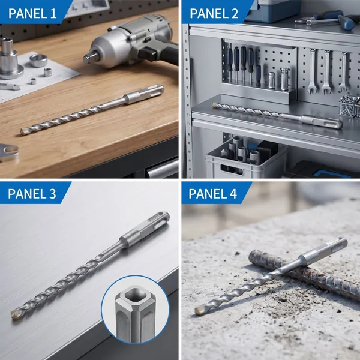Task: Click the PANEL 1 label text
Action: pyautogui.click(x=32, y=13)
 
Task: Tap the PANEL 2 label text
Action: pyautogui.click(x=214, y=13)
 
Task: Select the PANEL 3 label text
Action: pyautogui.click(x=32, y=194)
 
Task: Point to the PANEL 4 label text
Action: pyautogui.click(x=212, y=194)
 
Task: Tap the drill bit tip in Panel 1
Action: pyautogui.click(x=23, y=131)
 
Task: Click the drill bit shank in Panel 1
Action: pyautogui.click(x=144, y=94)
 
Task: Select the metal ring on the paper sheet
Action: pyautogui.click(x=38, y=60)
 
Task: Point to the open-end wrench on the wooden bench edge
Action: pyautogui.click(x=9, y=152)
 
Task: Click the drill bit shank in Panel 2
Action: pyautogui.click(x=322, y=121)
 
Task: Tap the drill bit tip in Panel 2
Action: pyautogui.click(x=215, y=106)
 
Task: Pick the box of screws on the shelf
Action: pyautogui.click(x=349, y=106)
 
